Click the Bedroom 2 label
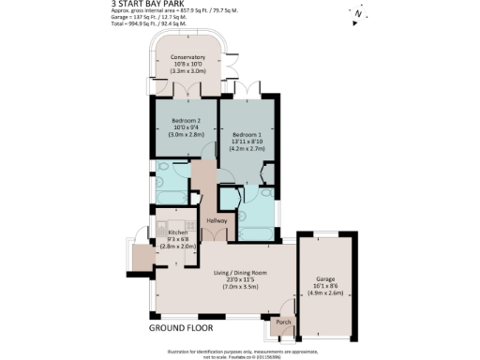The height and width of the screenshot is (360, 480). (188, 119)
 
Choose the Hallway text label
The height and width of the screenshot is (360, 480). (217, 220)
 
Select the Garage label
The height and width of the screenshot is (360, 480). (325, 278)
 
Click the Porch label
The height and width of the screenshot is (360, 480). (283, 322)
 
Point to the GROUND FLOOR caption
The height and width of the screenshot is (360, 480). (181, 329)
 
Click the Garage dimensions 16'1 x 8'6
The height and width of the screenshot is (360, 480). (325, 286)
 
